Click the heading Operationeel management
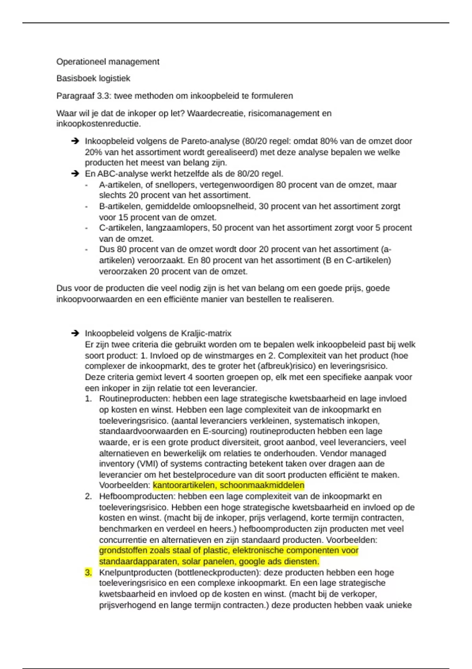[108, 62]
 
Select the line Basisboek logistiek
[93, 79]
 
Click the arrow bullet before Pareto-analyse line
[75, 141]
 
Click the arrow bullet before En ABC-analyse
[75, 174]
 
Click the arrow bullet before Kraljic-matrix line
[75, 333]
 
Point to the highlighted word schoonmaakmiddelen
[262, 485]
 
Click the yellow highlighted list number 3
[88, 573]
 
